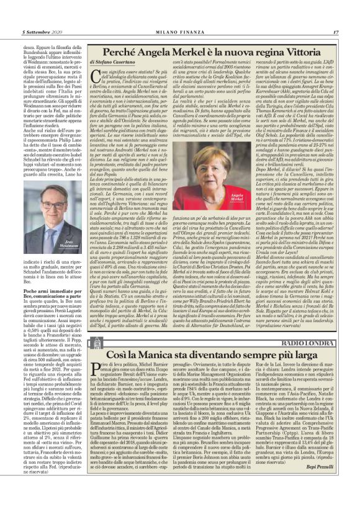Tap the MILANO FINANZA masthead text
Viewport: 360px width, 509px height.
179,14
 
